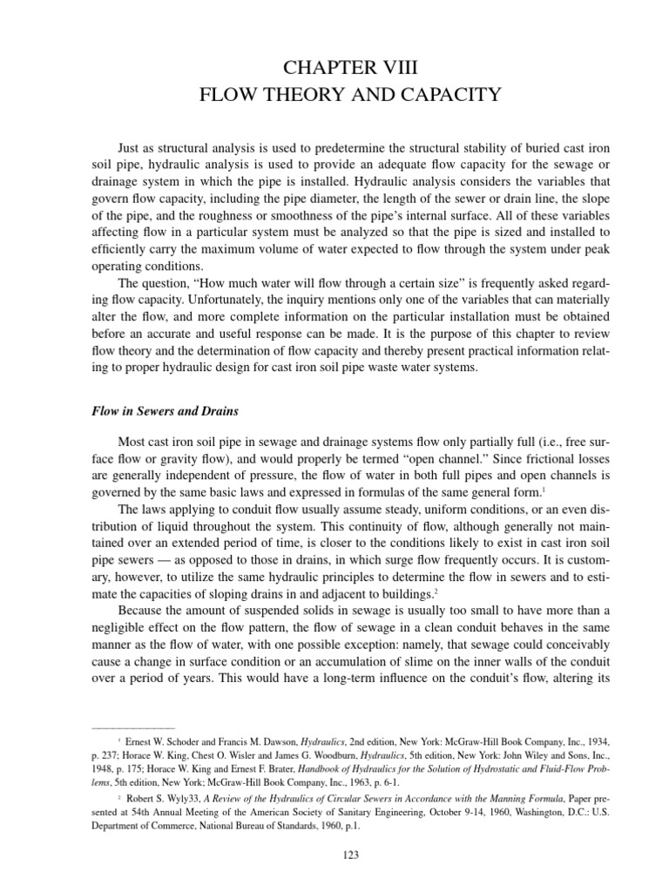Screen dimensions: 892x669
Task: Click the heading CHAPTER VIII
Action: point(334,66)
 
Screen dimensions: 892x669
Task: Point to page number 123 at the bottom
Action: point(334,856)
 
